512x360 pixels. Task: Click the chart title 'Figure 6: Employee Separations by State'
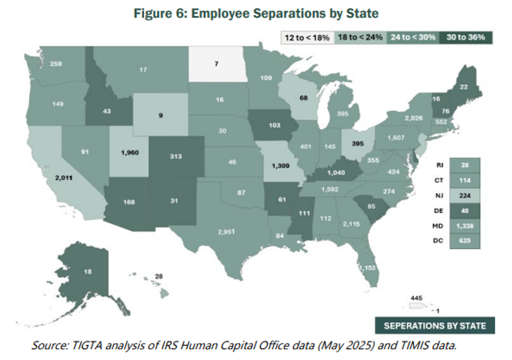pos(256,13)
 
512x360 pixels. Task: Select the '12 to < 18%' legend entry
pos(307,37)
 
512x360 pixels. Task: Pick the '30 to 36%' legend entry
pos(466,37)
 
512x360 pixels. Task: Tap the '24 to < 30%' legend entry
pos(412,37)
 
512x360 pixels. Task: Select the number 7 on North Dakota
pos(216,64)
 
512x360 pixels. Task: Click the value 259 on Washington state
pos(56,63)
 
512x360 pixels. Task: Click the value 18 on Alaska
pos(88,272)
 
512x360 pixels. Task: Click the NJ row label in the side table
pos(438,195)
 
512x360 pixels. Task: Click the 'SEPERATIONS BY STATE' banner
pos(434,326)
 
